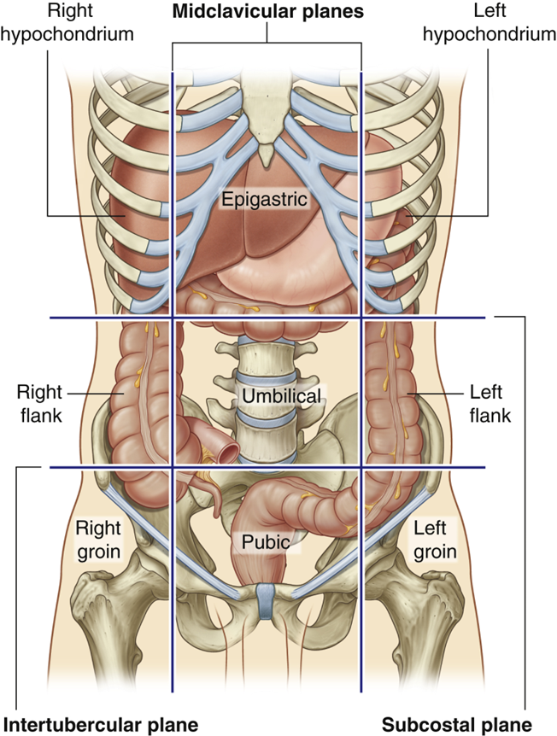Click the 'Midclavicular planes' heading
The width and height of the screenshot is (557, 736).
tap(267, 13)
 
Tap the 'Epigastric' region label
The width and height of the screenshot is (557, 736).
tap(262, 198)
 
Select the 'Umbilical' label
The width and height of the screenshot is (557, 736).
tap(281, 396)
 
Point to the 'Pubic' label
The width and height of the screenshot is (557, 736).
tap(266, 540)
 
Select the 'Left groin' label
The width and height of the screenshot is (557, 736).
tap(435, 539)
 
